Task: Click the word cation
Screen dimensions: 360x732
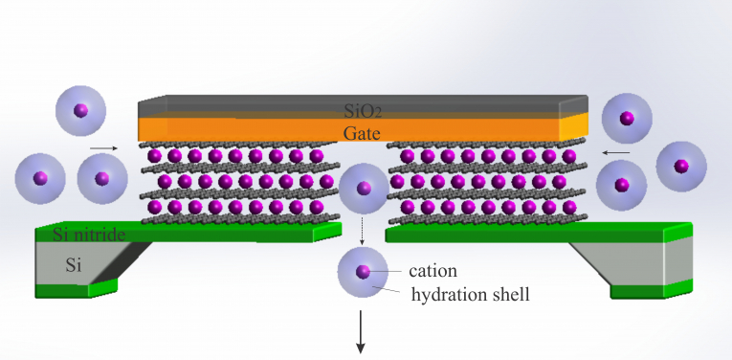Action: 433,271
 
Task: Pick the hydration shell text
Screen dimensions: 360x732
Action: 470,295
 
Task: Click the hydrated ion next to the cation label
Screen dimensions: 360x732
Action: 363,272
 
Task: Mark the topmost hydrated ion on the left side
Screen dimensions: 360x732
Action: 80,111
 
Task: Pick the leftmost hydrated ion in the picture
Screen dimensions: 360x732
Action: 40,178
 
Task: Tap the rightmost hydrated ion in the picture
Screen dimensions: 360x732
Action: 680,166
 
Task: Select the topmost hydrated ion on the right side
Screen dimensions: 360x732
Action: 627,119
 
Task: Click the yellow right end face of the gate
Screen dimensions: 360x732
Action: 572,127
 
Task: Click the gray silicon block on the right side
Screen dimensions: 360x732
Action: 636,259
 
